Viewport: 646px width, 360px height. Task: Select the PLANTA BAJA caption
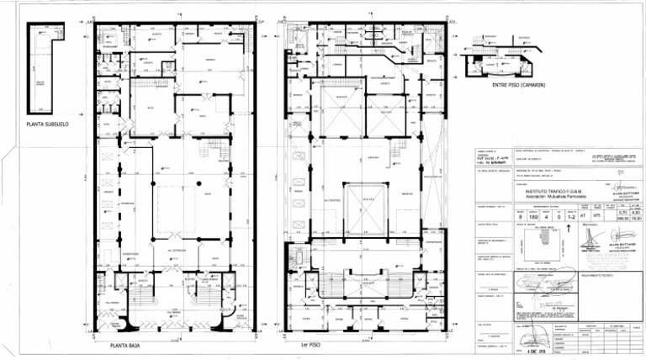click(x=124, y=345)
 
